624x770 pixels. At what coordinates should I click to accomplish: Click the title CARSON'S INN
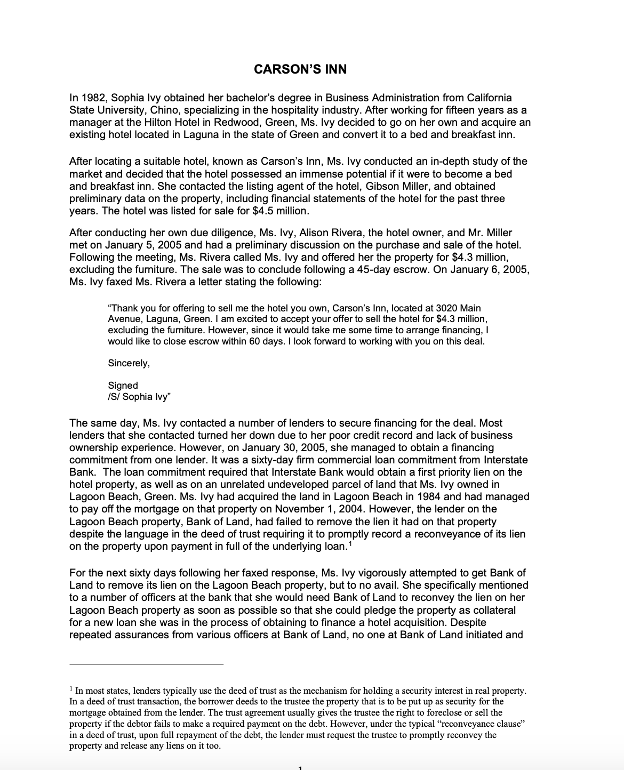tap(300, 69)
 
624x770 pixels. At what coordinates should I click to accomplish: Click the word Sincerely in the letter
tap(129, 363)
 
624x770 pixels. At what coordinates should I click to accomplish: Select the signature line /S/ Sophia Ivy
tap(139, 396)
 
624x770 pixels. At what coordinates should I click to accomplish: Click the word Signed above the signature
tap(123, 385)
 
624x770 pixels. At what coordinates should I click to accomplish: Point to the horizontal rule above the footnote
tap(147, 664)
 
